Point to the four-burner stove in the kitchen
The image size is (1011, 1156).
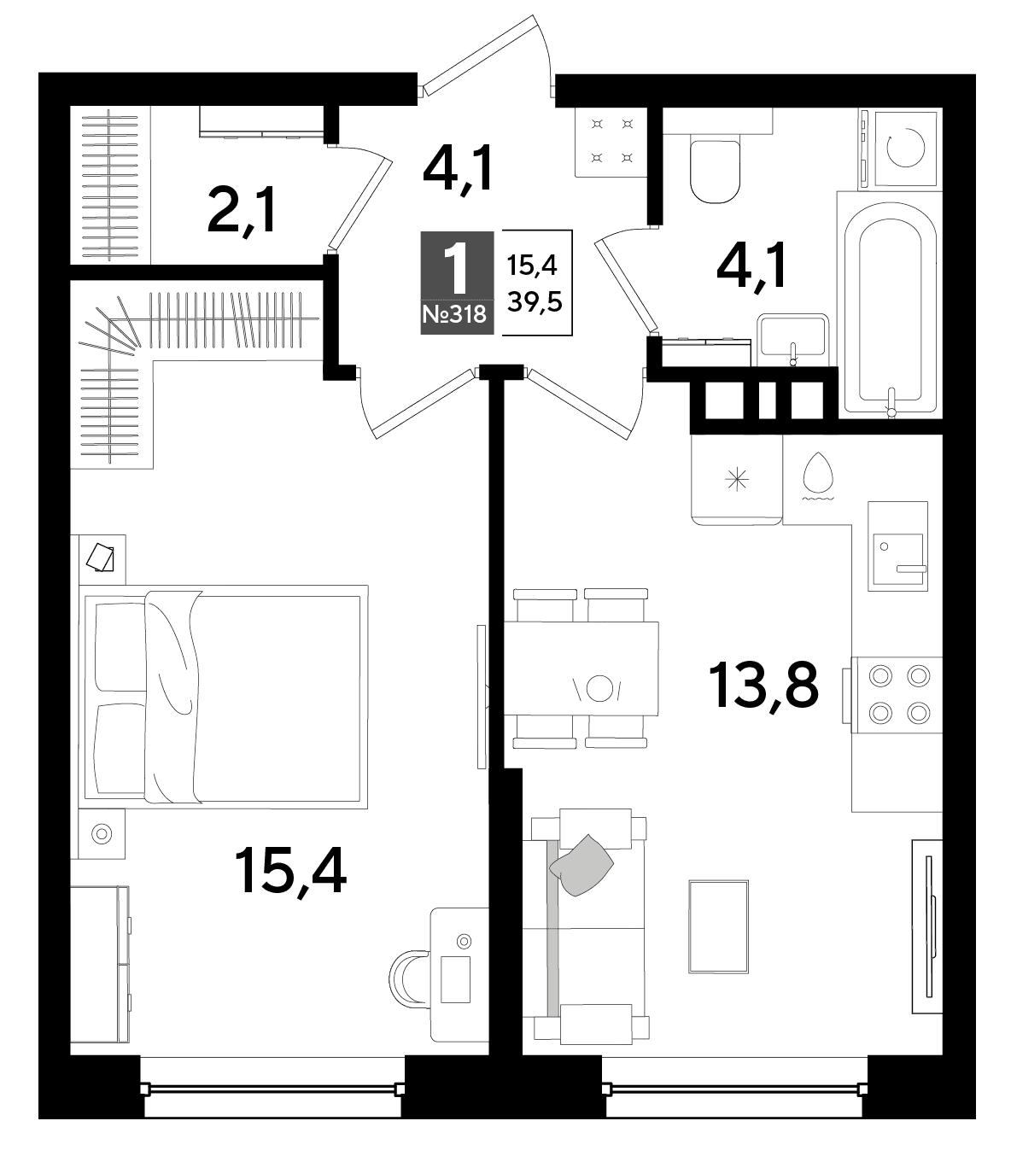pyautogui.click(x=897, y=694)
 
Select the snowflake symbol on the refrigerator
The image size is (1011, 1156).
pyautogui.click(x=737, y=481)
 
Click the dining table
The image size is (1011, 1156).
pyautogui.click(x=581, y=668)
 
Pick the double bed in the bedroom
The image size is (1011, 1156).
pyautogui.click(x=223, y=697)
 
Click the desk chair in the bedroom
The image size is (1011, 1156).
pyautogui.click(x=409, y=978)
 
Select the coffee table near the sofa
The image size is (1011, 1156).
pyautogui.click(x=718, y=926)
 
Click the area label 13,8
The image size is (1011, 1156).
pyautogui.click(x=763, y=686)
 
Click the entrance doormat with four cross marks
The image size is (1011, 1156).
pyautogui.click(x=611, y=141)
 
